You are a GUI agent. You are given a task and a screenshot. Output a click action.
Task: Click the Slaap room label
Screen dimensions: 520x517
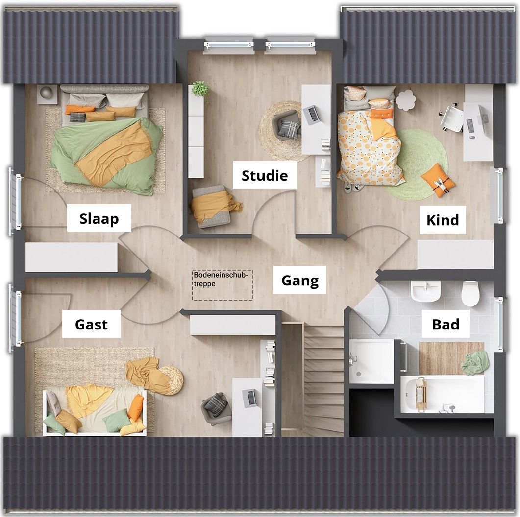99,218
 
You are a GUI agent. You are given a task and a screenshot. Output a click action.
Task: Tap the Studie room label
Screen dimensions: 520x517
265,176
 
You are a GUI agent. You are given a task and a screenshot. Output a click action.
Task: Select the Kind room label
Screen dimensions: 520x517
443,220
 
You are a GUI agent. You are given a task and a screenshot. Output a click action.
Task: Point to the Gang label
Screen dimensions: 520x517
300,281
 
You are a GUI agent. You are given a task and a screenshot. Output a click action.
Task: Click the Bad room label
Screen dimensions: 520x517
446,324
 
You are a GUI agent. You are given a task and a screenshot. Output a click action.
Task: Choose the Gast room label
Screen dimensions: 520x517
91,324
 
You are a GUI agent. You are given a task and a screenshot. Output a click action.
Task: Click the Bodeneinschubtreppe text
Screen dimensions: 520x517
221,279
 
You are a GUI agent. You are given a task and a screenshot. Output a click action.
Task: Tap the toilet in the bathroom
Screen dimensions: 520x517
470,293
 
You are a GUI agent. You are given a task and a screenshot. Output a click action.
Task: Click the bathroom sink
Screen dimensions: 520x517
426,291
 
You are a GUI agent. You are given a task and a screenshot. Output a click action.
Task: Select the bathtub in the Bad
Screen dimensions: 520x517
443,394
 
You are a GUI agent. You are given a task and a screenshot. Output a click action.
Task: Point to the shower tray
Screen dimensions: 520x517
371,361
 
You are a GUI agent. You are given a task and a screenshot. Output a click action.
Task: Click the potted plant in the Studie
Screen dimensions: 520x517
200,89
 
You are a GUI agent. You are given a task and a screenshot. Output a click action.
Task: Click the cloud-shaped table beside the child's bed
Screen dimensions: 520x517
406,100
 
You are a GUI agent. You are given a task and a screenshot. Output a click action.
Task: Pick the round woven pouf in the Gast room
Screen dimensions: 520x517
171,380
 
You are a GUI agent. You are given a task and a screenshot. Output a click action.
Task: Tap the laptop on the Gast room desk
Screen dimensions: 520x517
250,398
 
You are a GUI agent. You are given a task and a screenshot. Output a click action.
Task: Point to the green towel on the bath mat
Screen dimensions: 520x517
474,363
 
